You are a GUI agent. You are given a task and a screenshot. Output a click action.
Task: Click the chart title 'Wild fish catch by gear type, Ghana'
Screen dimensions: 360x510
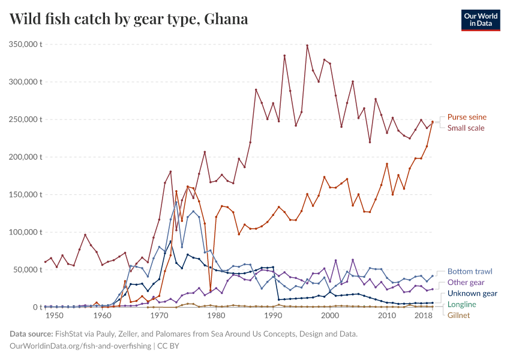click(129, 19)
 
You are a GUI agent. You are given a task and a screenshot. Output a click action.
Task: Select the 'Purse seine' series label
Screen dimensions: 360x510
click(467, 117)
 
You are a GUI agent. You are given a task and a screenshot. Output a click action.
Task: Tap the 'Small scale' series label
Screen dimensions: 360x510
click(466, 128)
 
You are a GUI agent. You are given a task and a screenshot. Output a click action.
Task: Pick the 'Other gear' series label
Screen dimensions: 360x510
click(466, 283)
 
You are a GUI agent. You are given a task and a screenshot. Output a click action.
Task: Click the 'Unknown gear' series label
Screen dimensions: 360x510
click(472, 293)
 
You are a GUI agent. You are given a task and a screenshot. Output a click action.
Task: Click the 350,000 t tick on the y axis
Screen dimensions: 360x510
click(25, 44)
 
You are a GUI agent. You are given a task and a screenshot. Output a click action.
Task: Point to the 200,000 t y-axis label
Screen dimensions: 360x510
click(25, 157)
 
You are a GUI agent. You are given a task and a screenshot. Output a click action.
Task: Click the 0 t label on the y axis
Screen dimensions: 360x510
click(37, 307)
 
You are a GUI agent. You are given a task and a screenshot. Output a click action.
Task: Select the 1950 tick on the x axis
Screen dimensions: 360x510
click(54, 316)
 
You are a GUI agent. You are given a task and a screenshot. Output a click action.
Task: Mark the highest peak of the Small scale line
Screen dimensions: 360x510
click(307, 46)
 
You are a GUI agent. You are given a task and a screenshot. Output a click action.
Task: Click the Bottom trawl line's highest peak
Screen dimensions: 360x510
click(176, 202)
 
